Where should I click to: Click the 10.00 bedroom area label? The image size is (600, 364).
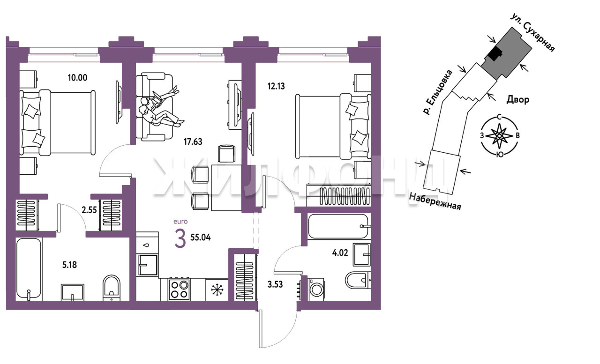click(77, 78)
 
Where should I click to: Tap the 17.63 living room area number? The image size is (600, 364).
click(193, 141)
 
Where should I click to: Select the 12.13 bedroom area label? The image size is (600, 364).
click(276, 86)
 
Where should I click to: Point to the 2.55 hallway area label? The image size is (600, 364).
click(89, 210)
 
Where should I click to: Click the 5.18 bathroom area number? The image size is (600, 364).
click(70, 265)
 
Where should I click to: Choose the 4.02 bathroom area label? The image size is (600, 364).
click(340, 253)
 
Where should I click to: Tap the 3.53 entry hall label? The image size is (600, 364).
click(275, 284)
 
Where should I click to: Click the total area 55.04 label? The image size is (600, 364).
click(200, 238)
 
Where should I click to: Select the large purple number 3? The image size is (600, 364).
click(180, 239)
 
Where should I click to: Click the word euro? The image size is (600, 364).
click(180, 222)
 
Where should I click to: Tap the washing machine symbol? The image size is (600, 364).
click(316, 290)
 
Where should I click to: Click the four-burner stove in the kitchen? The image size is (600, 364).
click(180, 289)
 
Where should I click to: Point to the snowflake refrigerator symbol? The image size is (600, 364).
click(217, 290)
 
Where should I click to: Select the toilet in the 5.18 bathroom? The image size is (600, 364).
click(112, 288)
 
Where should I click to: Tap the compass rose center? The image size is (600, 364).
click(499, 136)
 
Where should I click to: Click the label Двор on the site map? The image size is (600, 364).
click(518, 100)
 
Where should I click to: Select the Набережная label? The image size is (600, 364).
click(435, 201)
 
